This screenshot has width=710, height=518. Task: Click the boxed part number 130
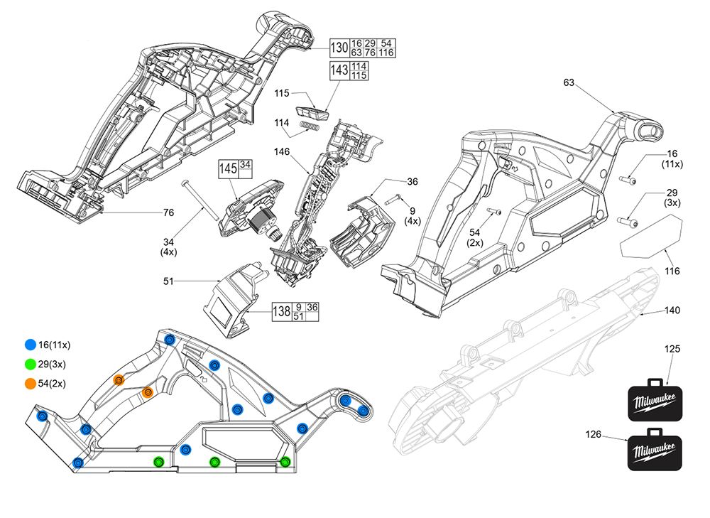click(340, 48)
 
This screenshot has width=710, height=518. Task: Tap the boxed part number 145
click(227, 168)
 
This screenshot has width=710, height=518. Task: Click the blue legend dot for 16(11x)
click(30, 345)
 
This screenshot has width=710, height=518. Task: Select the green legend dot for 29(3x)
click(30, 364)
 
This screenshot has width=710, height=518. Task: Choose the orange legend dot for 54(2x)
click(30, 384)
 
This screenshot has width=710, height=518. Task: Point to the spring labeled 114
click(309, 126)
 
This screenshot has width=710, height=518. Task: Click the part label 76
click(168, 212)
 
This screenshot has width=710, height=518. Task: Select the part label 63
click(569, 83)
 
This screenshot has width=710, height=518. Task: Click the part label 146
click(281, 151)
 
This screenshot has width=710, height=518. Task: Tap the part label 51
click(168, 281)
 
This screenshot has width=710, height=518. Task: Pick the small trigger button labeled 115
click(313, 112)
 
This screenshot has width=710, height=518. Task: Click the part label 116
click(672, 271)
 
